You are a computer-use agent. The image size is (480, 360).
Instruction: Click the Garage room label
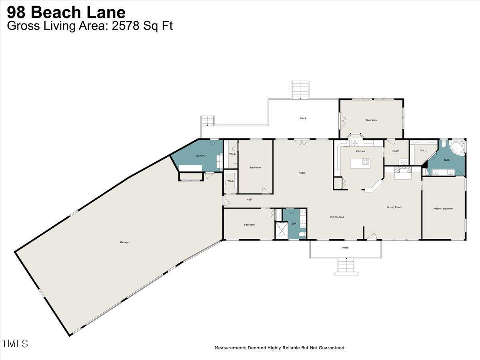click(124, 242)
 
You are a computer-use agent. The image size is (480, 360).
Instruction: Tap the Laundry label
click(200, 156)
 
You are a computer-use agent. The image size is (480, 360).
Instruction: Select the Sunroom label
click(371, 120)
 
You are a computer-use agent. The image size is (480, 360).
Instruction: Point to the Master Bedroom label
click(444, 208)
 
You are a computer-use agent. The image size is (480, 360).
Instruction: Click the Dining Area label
click(337, 217)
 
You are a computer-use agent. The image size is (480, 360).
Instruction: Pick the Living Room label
click(394, 207)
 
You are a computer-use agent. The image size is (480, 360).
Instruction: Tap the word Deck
click(303, 118)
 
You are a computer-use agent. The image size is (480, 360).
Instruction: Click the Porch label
click(345, 248)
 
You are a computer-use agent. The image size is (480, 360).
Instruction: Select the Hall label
click(249, 200)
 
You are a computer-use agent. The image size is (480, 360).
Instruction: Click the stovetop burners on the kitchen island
click(366, 162)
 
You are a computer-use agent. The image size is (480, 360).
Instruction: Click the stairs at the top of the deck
click(300, 90)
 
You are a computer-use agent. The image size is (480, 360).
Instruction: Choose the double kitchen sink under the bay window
click(355, 143)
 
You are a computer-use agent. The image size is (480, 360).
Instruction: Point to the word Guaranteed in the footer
click(330, 348)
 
